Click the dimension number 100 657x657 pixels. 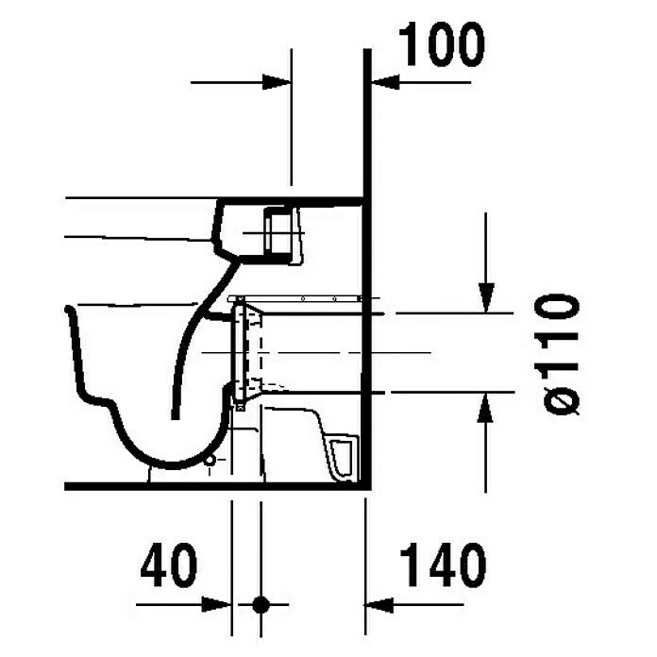(x=441, y=43)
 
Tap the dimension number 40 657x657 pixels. (x=169, y=564)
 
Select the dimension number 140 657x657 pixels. (x=443, y=564)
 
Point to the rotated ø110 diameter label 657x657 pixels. (x=557, y=355)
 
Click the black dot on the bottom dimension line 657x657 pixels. (x=261, y=605)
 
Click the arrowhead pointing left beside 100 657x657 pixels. (x=385, y=82)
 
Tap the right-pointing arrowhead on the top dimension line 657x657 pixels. (x=277, y=82)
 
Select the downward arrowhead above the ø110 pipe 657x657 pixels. (x=486, y=298)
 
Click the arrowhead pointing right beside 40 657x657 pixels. (x=216, y=605)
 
